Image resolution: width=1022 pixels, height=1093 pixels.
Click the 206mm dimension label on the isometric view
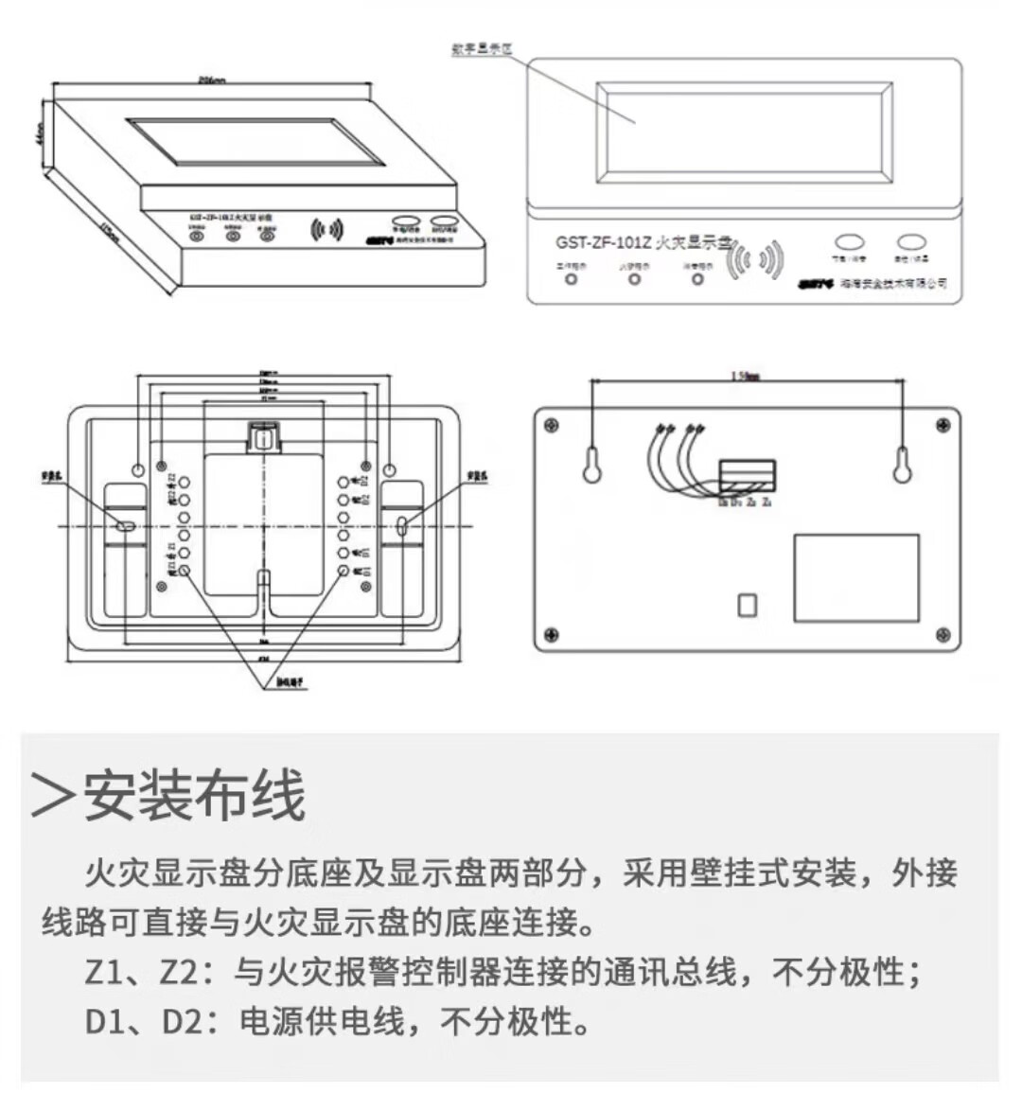tap(211, 80)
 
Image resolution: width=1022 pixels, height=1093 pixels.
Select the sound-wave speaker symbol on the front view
tap(756, 259)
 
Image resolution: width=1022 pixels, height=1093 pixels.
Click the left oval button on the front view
tap(849, 241)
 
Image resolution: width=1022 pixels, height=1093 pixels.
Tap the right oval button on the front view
tap(912, 241)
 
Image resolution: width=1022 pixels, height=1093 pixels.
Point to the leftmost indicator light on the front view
tap(571, 279)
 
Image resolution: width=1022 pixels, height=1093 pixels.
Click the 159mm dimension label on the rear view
tap(746, 377)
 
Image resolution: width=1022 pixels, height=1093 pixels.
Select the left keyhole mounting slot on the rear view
tap(592, 465)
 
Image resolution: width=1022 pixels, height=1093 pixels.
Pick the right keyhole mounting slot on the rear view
tap(902, 464)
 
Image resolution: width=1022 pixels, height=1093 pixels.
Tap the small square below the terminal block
tap(747, 605)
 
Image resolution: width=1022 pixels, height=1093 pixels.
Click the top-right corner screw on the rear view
tap(942, 427)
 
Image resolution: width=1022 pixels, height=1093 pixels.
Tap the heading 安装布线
tap(195, 795)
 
